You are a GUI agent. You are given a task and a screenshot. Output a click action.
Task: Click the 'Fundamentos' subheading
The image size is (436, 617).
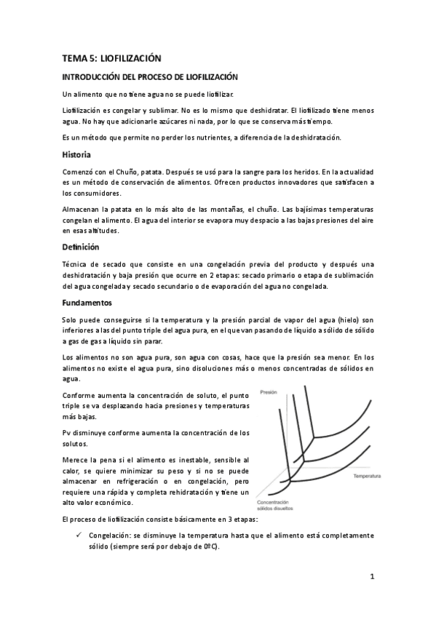(87, 301)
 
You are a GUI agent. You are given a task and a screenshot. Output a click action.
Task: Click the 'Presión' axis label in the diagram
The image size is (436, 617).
(269, 391)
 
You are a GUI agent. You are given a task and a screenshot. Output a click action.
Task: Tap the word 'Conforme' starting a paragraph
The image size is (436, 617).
(80, 394)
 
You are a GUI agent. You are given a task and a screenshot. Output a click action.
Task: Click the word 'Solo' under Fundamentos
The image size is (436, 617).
(71, 319)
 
